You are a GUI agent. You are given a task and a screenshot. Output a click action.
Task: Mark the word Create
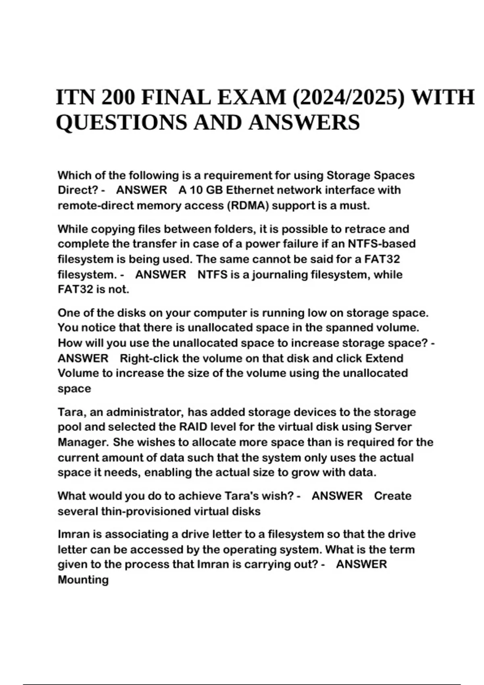(392, 496)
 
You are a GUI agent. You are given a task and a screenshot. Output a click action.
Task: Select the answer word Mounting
(83, 580)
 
